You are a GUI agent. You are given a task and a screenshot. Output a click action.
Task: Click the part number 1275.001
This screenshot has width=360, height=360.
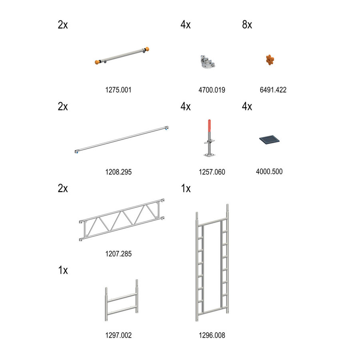coord(118,90)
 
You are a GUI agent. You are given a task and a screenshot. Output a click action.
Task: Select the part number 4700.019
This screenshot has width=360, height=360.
coord(212,90)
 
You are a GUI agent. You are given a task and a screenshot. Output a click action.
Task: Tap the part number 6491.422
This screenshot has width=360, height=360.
coord(273,90)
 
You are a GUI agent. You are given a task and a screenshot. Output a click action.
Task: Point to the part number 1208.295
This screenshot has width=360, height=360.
coord(118,172)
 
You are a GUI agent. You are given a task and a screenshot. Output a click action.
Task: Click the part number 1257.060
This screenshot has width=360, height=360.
coord(212,172)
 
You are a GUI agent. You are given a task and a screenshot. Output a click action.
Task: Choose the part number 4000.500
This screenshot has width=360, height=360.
coord(269,172)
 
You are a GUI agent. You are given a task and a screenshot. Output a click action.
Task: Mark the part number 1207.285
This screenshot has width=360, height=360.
coord(118,254)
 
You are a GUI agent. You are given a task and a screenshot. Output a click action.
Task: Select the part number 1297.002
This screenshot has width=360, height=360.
coord(118,335)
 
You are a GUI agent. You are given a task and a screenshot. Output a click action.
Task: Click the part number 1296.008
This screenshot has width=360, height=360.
coord(212,335)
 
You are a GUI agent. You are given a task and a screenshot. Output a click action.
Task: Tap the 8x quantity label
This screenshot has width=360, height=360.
coord(247,25)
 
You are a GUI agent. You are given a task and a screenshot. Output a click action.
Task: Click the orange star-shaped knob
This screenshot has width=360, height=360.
coord(270,60)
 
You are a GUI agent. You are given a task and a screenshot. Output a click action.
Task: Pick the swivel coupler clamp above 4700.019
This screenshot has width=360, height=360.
coord(207,62)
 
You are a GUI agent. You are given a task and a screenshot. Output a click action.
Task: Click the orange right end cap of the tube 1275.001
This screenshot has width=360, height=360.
coord(148,50)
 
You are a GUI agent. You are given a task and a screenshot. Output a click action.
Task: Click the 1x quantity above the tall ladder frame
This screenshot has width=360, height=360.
coord(186,188)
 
